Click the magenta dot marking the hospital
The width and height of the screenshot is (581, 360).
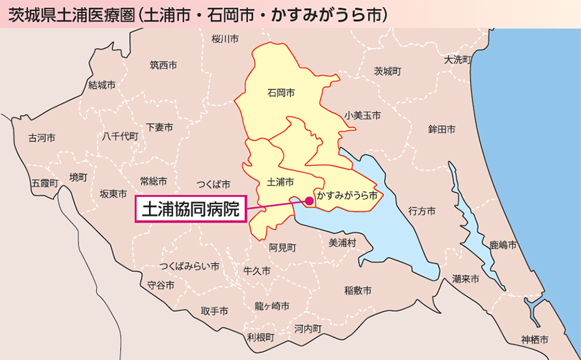(x=309, y=201)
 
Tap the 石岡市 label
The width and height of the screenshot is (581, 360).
(x=281, y=92)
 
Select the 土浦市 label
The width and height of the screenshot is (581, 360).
(x=280, y=182)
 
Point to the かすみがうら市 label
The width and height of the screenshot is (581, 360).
(x=347, y=195)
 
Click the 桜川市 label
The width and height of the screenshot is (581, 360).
(x=225, y=39)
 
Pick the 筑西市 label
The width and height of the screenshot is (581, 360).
(x=163, y=66)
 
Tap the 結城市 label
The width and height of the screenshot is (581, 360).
(x=102, y=85)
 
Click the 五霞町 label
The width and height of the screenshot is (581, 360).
(x=45, y=183)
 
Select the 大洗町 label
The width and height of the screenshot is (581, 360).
(x=457, y=59)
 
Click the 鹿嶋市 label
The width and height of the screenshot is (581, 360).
(x=503, y=244)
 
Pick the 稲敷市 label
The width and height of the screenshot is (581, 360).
(x=358, y=290)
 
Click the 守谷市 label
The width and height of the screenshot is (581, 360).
(x=161, y=285)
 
